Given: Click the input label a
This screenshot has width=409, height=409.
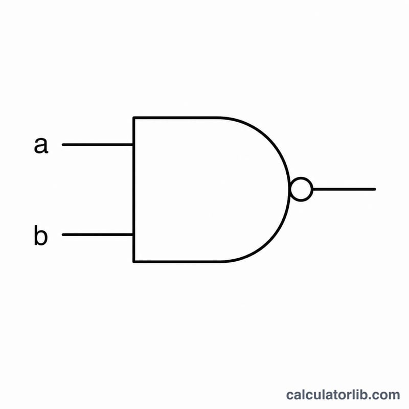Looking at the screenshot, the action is (41, 145).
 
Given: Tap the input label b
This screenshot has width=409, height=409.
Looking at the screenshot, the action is (41, 235).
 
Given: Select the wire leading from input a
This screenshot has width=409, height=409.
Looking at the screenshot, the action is (98, 145).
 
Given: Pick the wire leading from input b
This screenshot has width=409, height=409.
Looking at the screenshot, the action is (98, 235).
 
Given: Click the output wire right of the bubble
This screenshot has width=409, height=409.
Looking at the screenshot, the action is (344, 189).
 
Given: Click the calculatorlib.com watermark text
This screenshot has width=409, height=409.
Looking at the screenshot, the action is (343, 395).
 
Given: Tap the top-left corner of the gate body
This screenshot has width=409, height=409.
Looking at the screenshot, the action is (134, 118).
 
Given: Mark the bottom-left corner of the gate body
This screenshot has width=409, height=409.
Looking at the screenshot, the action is (134, 261).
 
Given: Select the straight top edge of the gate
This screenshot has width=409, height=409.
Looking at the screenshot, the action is (176, 118).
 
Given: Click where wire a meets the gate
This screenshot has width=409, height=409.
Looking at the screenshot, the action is (133, 145).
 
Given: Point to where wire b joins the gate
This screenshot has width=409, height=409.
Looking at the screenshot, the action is (133, 235).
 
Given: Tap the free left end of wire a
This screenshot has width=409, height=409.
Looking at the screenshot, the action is (63, 145).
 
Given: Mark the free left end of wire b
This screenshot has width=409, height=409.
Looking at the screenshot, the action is (63, 235).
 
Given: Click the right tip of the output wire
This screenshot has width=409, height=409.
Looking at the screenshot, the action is (375, 189).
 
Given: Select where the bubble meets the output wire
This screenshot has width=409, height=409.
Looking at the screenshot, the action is (313, 189).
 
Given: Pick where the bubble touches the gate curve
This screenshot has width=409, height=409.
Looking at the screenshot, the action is (290, 189).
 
